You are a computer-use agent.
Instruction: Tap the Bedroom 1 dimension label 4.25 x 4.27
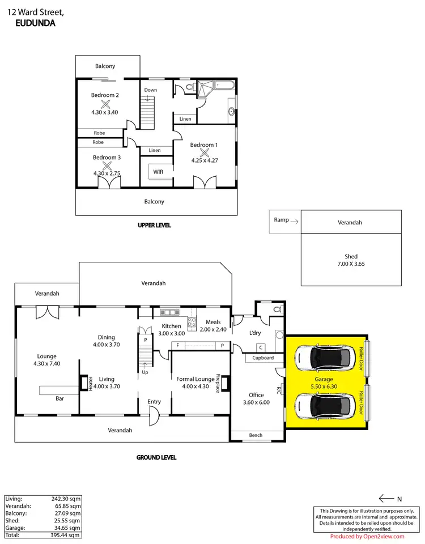204,160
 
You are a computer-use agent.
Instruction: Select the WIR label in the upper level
158,172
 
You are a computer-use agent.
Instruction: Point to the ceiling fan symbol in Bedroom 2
105,104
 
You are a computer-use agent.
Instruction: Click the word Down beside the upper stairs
150,90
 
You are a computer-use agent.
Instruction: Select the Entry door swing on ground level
154,419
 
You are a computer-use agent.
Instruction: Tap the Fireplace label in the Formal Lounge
217,383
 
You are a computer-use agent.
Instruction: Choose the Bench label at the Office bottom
256,435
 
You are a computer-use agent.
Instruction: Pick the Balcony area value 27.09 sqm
68,513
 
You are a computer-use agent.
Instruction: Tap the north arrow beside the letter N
386,499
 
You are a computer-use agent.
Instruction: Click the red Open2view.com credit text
367,537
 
